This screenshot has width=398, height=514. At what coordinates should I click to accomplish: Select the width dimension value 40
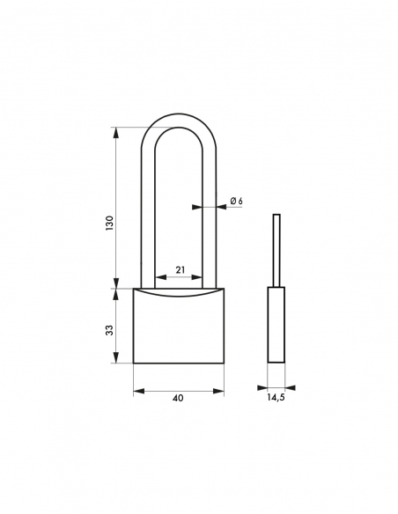[179, 399]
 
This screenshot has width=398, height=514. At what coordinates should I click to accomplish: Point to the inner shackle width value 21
[180, 270]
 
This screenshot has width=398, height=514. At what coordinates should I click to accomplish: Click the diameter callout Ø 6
[236, 202]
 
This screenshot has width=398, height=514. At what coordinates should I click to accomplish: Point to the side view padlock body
[276, 326]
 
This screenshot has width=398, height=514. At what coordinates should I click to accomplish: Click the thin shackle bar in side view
[276, 251]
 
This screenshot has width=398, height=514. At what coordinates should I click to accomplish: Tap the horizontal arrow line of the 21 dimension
[180, 280]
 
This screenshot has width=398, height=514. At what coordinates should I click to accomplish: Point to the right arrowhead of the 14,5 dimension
[291, 386]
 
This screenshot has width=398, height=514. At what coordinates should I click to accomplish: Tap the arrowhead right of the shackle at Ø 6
[220, 208]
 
